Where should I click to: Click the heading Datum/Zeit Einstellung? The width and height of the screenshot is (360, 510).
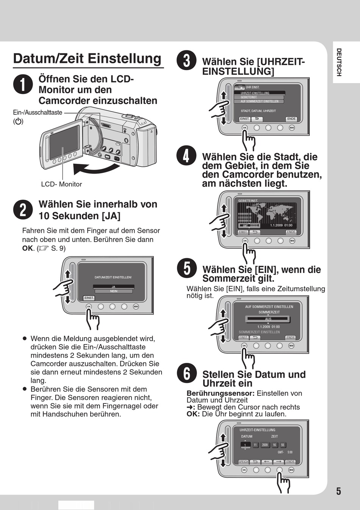(88, 58)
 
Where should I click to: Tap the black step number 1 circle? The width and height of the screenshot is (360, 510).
(23, 84)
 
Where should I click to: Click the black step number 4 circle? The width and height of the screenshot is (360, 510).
(186, 156)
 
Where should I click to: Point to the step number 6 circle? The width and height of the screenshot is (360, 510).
(187, 373)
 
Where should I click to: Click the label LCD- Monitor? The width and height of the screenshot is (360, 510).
(61, 184)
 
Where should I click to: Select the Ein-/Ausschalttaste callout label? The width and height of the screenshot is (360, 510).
(38, 113)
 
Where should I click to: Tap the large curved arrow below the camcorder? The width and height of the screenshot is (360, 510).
(95, 167)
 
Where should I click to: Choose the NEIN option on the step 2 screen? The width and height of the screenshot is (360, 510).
(114, 291)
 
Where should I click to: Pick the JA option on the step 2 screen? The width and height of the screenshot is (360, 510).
(114, 287)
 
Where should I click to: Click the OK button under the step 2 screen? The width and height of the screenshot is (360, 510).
(89, 306)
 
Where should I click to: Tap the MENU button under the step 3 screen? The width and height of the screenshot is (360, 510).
(292, 128)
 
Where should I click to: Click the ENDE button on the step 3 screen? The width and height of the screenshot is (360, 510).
(291, 119)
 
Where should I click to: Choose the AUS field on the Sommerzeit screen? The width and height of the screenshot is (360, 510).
(268, 319)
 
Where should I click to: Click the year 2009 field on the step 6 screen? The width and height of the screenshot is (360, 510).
(265, 445)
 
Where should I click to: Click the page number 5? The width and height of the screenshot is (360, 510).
(338, 491)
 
